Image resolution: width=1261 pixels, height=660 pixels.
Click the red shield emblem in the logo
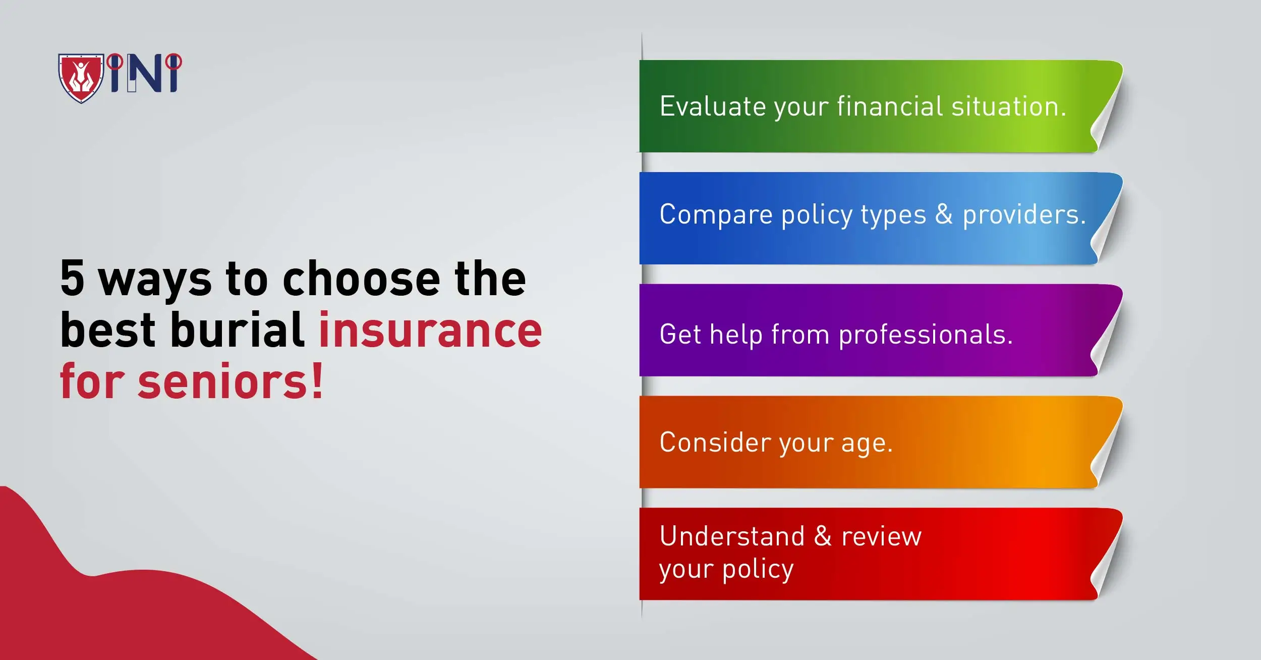click(81, 78)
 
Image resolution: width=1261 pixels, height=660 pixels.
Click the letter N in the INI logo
click(145, 74)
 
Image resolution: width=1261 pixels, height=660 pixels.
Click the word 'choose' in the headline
click(362, 279)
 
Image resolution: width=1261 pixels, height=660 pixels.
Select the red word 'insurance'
click(430, 331)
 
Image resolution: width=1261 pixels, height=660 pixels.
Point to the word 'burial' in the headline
click(238, 331)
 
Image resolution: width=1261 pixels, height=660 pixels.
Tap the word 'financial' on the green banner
click(890, 107)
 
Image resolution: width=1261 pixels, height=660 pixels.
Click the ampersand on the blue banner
click(944, 214)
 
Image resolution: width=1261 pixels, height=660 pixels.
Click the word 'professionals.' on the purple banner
click(926, 335)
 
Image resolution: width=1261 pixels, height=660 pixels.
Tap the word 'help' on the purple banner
click(736, 335)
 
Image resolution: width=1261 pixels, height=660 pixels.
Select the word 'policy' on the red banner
click(758, 570)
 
